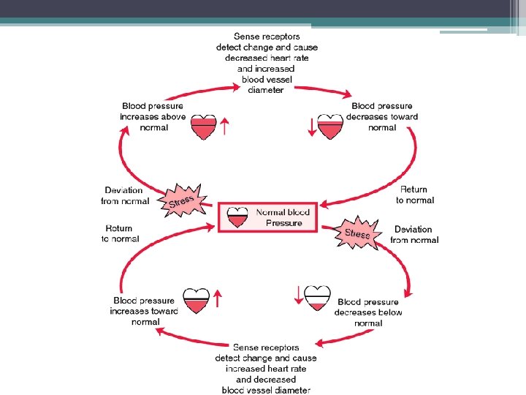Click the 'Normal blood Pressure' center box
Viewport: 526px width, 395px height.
[267, 217]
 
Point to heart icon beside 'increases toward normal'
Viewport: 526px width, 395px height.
[196, 300]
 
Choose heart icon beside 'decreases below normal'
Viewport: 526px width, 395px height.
[317, 298]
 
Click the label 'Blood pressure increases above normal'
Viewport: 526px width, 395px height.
[153, 117]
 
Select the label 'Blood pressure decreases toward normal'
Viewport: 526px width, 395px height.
[382, 117]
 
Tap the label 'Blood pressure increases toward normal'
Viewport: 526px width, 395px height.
[144, 311]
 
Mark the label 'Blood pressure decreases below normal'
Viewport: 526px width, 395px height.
[368, 312]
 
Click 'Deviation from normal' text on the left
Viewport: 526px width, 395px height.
[126, 195]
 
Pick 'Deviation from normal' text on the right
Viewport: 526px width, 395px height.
[414, 234]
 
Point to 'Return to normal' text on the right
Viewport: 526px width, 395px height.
[415, 195]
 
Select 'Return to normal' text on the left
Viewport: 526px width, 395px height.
[119, 233]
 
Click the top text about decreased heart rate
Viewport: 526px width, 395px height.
[267, 63]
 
